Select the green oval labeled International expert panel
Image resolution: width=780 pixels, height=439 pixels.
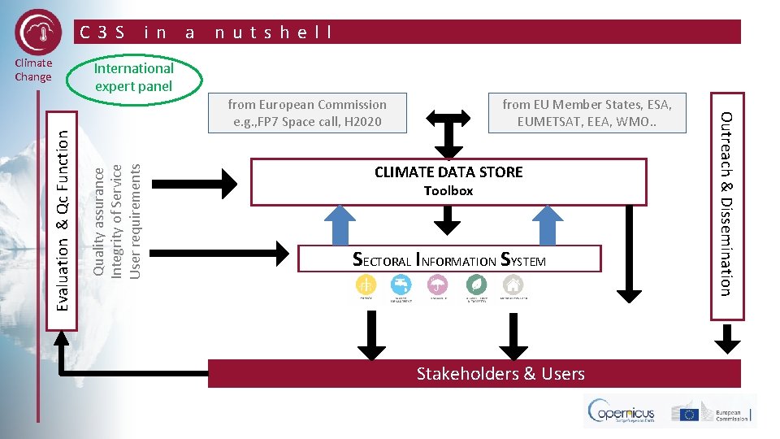click(134, 77)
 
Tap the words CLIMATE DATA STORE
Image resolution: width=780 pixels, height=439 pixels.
click(448, 172)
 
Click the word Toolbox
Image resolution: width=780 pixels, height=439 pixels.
click(448, 191)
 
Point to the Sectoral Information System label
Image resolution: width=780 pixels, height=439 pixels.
click(449, 260)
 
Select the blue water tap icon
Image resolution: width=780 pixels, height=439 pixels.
click(401, 285)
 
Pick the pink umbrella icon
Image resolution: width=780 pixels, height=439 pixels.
click(440, 285)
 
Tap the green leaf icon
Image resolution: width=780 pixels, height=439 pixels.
click(476, 285)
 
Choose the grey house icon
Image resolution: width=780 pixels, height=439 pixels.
click(513, 285)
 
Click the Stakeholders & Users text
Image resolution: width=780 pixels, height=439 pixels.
click(500, 374)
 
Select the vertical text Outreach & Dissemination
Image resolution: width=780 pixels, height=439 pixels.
click(728, 203)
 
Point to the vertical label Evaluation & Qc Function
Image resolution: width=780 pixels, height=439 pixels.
click(62, 220)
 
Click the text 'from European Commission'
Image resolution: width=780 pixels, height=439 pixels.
click(307, 105)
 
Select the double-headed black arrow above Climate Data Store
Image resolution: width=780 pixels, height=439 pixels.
click(448, 129)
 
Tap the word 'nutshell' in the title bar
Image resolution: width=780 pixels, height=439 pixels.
click(273, 33)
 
